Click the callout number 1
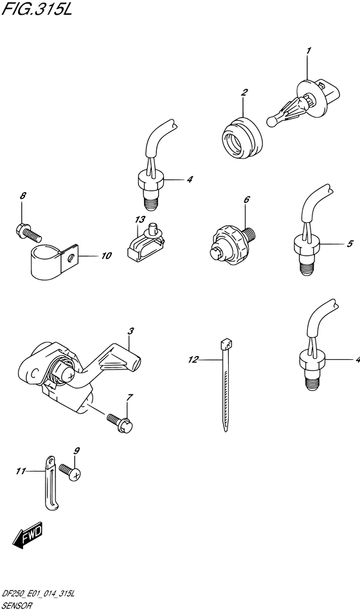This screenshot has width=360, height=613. [x=309, y=51]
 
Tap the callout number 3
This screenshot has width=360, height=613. [x=130, y=331]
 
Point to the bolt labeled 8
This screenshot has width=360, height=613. [x=28, y=231]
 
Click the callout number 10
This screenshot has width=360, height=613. [x=105, y=256]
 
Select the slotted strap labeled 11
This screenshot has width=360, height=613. [x=50, y=483]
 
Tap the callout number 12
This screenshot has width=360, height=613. [x=193, y=360]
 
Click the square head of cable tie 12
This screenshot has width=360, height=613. [x=226, y=344]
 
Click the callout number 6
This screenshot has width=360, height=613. [x=246, y=199]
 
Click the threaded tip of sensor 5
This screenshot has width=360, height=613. [x=307, y=267]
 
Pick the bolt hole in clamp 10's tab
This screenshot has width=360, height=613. [x=71, y=257]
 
